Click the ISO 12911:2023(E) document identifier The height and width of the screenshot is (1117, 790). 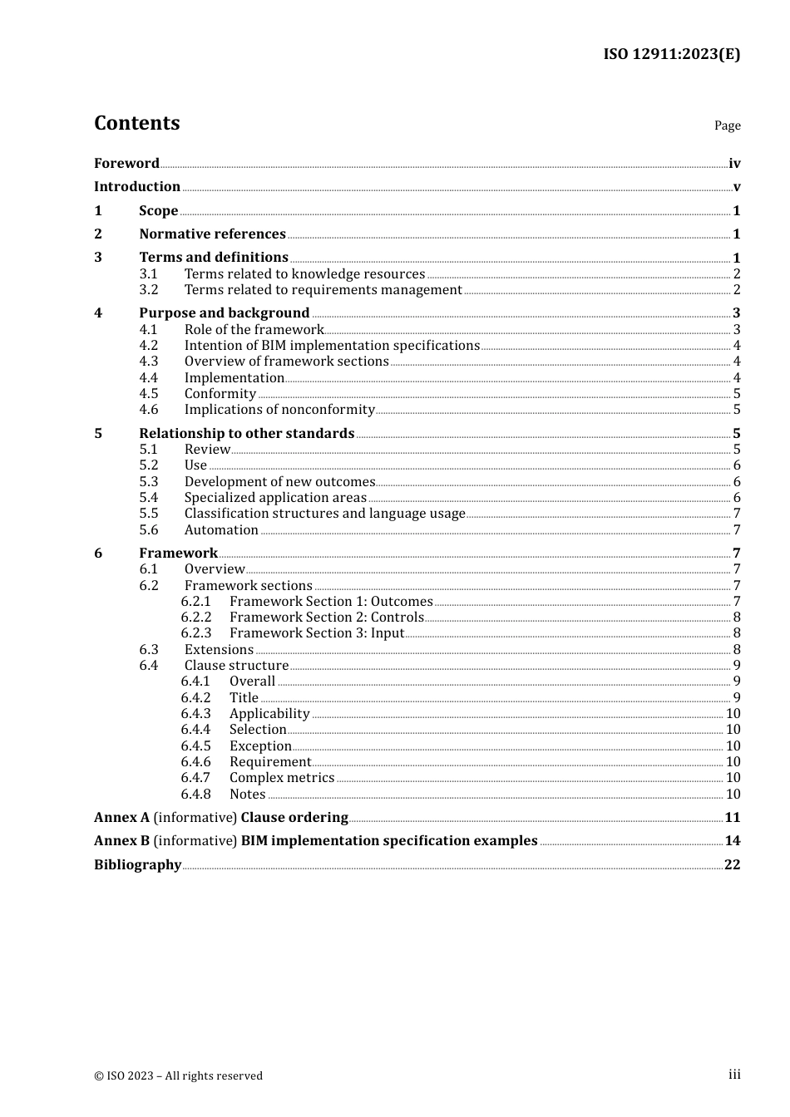(x=671, y=55)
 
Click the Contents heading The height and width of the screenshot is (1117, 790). (x=137, y=123)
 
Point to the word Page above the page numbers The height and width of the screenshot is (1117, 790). (x=727, y=125)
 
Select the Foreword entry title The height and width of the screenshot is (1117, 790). (x=126, y=164)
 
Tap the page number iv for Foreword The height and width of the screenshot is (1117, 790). (x=734, y=164)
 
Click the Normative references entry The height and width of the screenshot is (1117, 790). (x=212, y=234)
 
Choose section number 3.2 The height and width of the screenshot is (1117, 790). (x=149, y=290)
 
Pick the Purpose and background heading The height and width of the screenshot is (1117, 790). (x=225, y=313)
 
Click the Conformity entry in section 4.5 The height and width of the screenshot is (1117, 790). (x=220, y=394)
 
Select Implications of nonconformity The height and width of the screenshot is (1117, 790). (x=279, y=410)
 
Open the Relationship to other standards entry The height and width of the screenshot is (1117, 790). (x=247, y=434)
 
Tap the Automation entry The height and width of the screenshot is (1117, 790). (x=221, y=530)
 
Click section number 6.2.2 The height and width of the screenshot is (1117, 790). (x=196, y=618)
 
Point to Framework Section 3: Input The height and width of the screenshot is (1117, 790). (x=317, y=633)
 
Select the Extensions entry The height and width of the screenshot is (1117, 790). (x=219, y=650)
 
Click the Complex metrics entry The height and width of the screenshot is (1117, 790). (x=282, y=778)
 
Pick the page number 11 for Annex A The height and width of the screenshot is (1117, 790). (x=733, y=818)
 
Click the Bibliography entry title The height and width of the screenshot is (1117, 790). (x=137, y=865)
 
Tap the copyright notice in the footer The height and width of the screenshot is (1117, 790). (x=178, y=1076)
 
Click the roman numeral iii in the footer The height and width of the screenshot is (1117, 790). (x=734, y=1075)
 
